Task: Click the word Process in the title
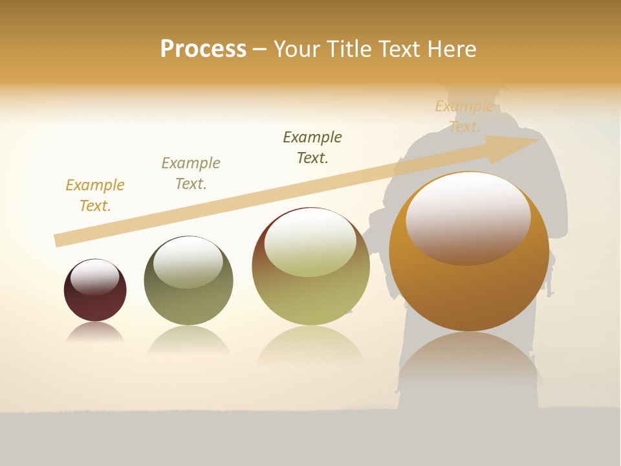point(203,49)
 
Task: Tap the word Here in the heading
point(450,49)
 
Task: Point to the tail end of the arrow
point(58,240)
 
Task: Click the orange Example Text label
point(95,195)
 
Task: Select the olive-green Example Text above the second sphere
point(191,173)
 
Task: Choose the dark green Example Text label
point(312,148)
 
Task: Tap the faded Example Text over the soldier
point(464,116)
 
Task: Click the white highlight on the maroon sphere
point(95,276)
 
